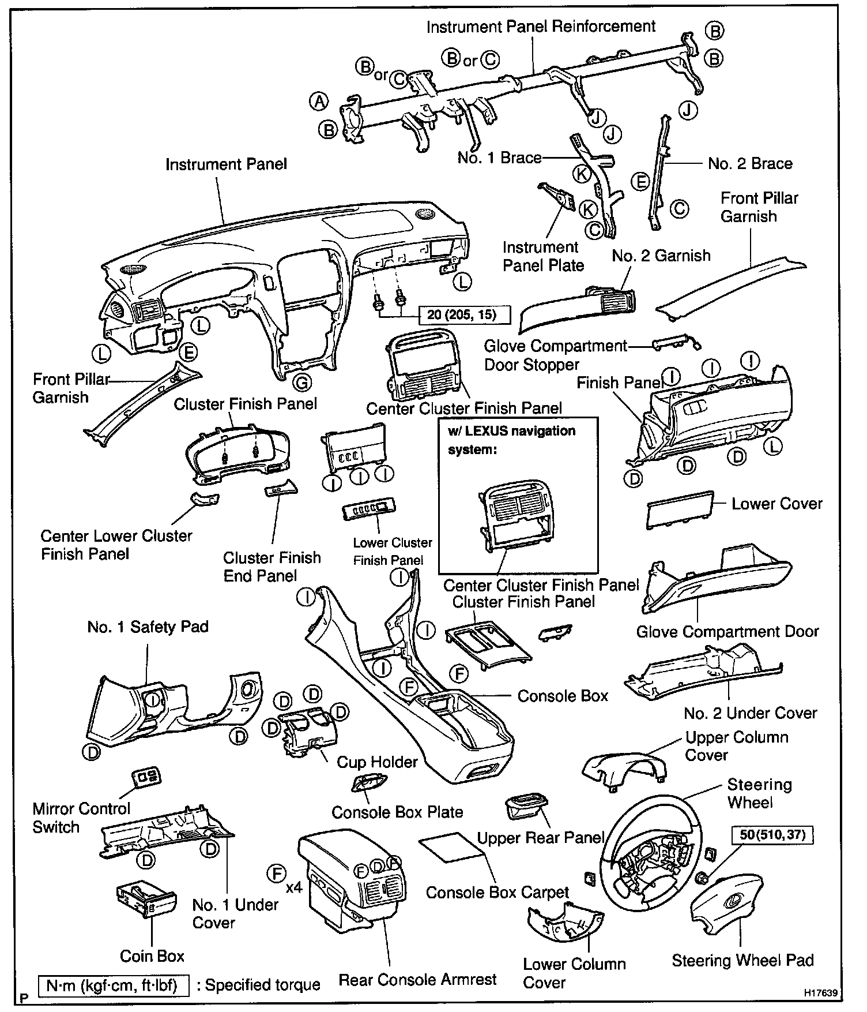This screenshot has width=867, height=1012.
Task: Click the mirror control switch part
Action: (146, 777)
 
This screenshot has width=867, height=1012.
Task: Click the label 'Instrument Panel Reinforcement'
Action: (541, 27)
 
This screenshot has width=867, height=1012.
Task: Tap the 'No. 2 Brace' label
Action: (750, 164)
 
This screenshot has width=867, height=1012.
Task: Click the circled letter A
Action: (319, 102)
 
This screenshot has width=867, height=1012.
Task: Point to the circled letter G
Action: (302, 382)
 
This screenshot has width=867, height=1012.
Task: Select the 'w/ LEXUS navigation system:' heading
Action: (511, 440)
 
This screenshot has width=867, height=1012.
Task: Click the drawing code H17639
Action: (821, 994)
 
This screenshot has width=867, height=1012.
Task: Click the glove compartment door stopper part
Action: (676, 344)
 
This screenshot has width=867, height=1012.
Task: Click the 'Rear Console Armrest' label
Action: (417, 980)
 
